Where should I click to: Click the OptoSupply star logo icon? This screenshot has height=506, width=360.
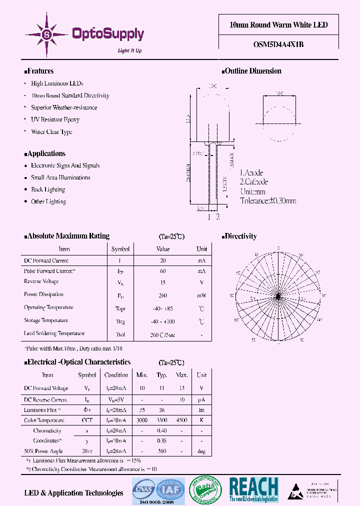pos(46,34)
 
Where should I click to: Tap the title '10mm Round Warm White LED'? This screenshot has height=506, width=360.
pos(278,25)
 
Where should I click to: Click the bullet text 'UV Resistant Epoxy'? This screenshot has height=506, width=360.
pos(55,120)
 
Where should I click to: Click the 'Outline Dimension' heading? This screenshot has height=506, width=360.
pos(252,71)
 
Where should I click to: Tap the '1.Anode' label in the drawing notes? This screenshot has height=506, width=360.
pos(252,173)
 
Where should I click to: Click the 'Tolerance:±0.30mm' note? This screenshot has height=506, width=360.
pos(268,200)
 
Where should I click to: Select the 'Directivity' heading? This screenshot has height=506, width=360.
pos(240,236)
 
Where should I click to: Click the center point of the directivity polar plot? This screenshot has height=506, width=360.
pos(278,297)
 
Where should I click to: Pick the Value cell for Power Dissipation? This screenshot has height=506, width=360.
pos(163,295)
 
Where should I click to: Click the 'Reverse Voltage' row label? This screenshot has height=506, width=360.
pos(41,281)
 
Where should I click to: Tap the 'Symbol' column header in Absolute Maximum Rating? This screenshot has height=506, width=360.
pos(120,249)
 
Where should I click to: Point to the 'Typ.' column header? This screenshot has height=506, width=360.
pos(161,375)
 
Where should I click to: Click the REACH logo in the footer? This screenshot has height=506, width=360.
pos(253,489)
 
